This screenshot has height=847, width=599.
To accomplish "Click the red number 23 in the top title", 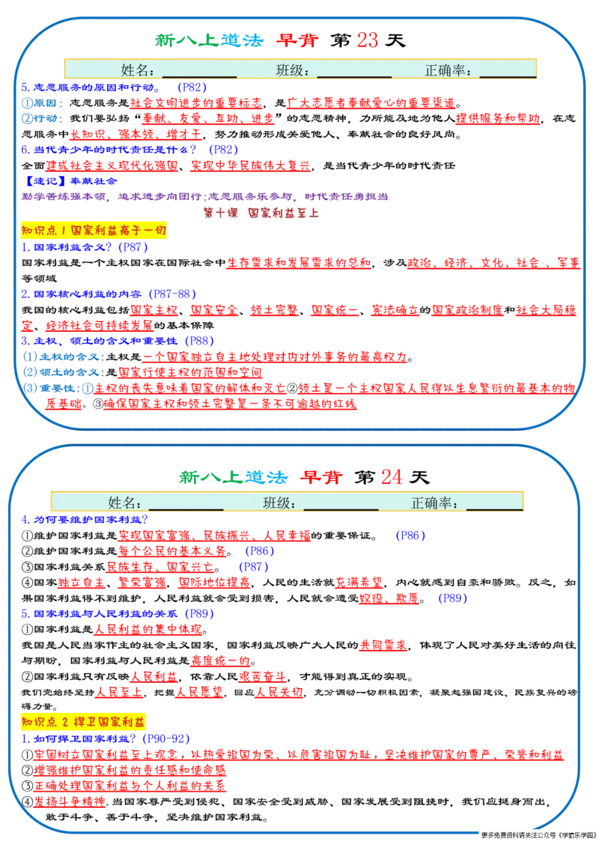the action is point(368,40).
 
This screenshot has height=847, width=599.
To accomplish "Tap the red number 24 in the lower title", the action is point(392,477).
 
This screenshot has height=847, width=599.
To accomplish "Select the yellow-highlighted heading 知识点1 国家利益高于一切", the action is point(94,230).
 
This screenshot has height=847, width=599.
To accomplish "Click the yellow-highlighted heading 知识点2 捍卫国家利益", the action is point(83,722).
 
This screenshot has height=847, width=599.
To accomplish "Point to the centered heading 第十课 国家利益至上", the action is point(261,213).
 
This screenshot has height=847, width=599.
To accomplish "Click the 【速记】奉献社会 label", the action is point(70,181).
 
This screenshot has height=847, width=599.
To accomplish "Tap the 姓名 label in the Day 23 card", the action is point(137,70).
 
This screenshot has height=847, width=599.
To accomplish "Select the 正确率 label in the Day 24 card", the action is point(434,503).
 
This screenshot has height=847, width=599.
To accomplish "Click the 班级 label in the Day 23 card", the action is point(292,70).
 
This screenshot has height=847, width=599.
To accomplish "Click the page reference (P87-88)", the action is point(171,294).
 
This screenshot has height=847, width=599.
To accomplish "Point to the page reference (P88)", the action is point(199,341).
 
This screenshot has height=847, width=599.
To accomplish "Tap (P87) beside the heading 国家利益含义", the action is point(133,247).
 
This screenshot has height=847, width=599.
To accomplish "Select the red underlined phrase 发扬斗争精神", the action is point(69,801).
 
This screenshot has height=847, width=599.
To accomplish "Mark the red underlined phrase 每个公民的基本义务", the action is point(172,551).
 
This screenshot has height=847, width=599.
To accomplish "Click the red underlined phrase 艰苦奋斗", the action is point(262,676).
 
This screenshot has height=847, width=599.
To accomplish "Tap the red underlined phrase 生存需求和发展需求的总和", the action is point(299,263).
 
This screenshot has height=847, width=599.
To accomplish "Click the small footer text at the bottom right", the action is point(538,835).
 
